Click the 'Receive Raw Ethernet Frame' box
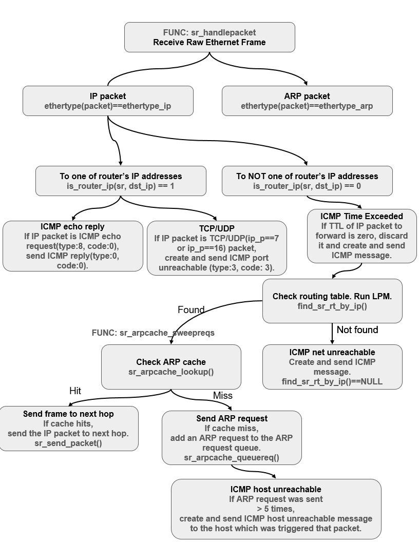coord(209,37)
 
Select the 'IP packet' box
coord(108,101)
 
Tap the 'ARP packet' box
coord(307,101)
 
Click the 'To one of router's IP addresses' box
coord(121,181)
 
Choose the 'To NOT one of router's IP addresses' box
coord(307,181)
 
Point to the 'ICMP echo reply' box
coord(72,246)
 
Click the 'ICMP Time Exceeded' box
coord(362,235)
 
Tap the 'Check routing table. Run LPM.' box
coord(332,301)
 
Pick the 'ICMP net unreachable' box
coord(332,366)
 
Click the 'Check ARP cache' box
coord(171,366)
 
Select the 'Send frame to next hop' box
coord(68,428)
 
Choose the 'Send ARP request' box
coord(232,438)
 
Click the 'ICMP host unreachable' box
coord(276,509)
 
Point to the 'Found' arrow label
coord(191,309)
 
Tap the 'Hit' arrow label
coord(75,391)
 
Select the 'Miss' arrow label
coord(222,395)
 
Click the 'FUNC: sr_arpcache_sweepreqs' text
coord(153,333)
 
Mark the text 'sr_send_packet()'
coord(68,442)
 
